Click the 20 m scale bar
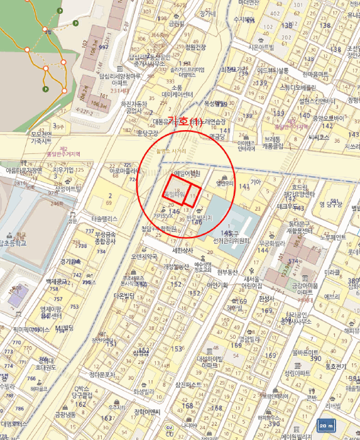click(327, 425)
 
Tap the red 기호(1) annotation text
click(188, 120)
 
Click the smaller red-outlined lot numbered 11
click(194, 195)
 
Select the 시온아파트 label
click(263, 47)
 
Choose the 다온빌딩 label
click(126, 295)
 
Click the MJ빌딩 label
click(65, 327)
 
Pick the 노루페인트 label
click(334, 237)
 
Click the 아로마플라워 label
click(124, 170)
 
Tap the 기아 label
click(256, 182)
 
